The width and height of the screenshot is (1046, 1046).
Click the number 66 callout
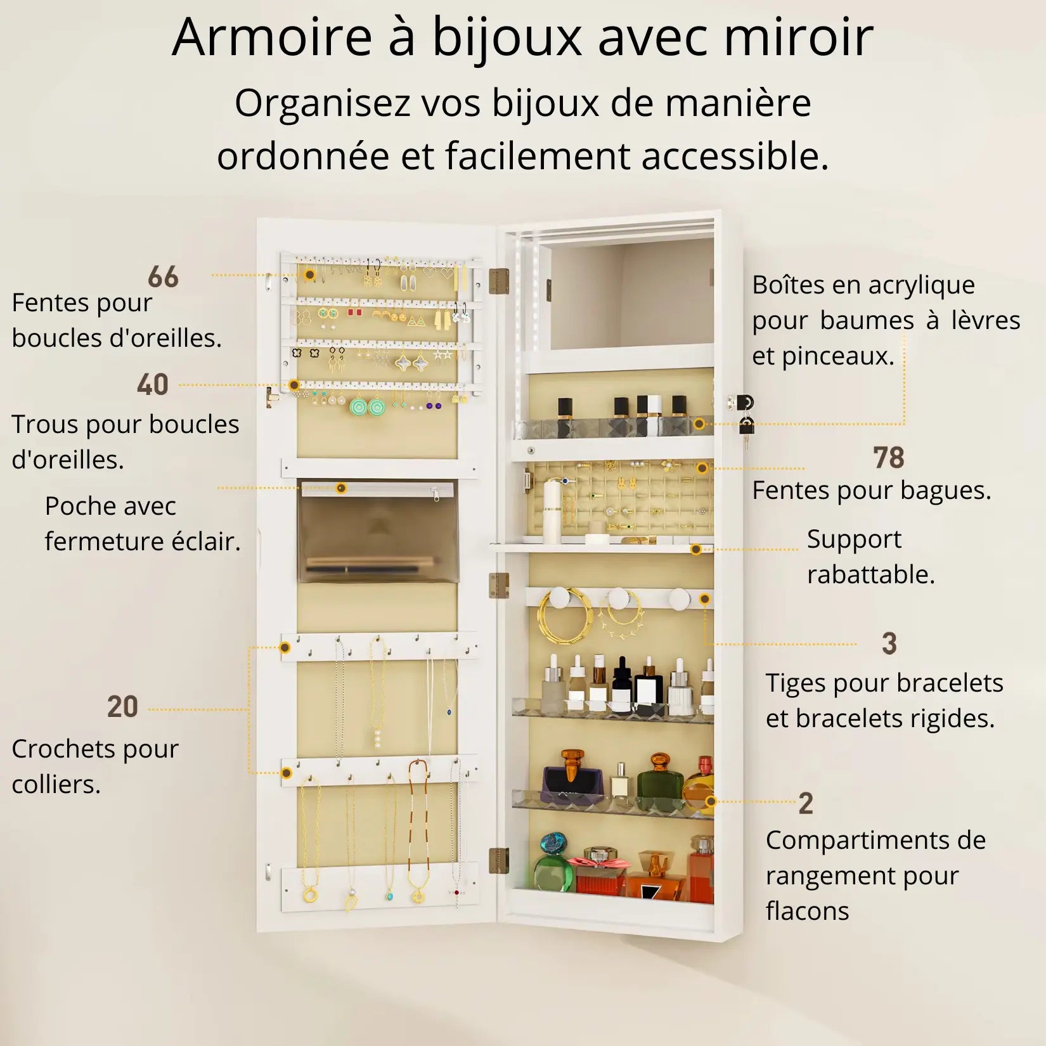pos(163,277)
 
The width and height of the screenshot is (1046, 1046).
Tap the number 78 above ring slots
pos(888,458)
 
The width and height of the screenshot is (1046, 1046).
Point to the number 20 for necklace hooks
pos(122,707)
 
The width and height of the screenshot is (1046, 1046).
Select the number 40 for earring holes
pos(153,385)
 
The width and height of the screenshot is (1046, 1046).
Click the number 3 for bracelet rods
pos(889,644)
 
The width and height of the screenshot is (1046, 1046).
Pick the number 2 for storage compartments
pos(806,804)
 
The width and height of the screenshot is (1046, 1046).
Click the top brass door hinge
pos(500,281)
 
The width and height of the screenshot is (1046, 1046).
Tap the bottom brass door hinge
pos(499,860)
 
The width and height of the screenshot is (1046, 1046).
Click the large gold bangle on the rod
pos(564,618)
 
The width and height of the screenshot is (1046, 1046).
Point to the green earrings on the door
pos(368,406)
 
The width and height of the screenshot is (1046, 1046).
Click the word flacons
pos(807,912)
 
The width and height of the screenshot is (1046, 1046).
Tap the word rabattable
pos(870,575)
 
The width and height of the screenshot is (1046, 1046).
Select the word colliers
pos(56,785)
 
